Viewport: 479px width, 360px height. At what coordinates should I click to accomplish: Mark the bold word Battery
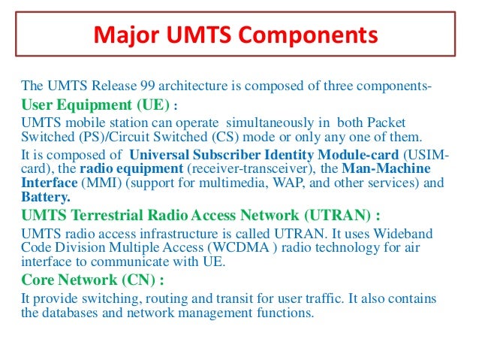tap(45, 196)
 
